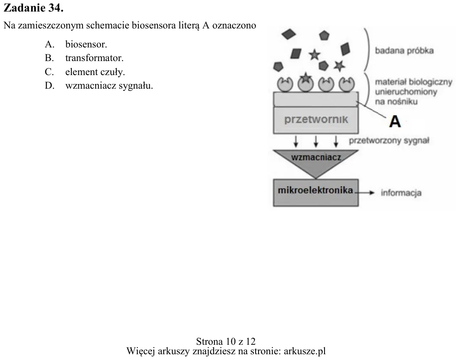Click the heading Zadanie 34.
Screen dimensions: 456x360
[33, 8]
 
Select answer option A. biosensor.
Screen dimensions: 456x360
[76, 44]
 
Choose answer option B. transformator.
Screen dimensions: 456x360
[84, 58]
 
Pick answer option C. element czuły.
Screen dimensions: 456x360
[85, 72]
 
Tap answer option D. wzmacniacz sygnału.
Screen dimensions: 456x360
[99, 86]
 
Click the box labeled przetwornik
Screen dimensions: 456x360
[316, 120]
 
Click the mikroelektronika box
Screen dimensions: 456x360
[316, 193]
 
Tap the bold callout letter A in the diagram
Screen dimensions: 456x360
[395, 121]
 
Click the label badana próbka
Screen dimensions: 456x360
[404, 51]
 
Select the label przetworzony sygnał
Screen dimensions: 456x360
[389, 141]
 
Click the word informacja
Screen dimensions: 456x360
[401, 193]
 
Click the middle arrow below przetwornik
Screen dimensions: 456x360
[316, 141]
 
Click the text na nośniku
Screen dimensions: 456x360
[396, 101]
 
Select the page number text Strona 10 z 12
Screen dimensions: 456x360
[226, 341]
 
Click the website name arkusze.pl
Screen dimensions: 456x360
[305, 351]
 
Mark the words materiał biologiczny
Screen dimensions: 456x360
[414, 82]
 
